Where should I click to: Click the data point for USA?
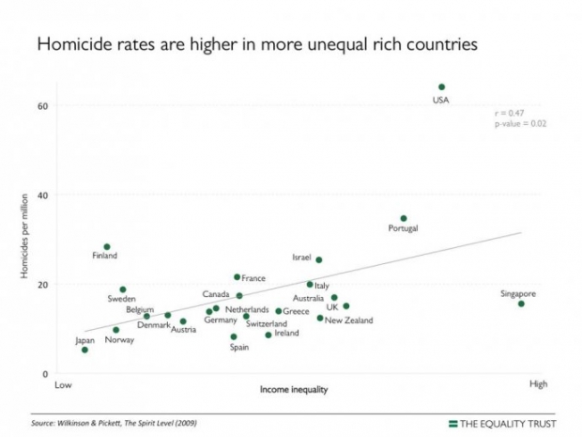tap(441, 86)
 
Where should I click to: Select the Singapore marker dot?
tap(522, 304)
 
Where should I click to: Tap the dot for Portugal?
tap(404, 218)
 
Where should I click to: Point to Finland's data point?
tap(107, 247)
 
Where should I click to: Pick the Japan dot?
tap(84, 350)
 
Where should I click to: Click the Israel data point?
tap(319, 259)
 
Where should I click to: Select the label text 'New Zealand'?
tap(348, 320)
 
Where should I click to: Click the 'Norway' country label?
tap(119, 340)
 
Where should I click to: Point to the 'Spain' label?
tap(239, 348)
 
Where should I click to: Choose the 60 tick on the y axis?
tap(42, 105)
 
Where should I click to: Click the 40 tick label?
tap(42, 195)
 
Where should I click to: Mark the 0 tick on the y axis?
tap(45, 374)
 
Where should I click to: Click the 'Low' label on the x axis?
tap(64, 385)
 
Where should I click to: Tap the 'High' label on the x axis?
tap(539, 384)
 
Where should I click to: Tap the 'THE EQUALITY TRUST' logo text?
tap(508, 423)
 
